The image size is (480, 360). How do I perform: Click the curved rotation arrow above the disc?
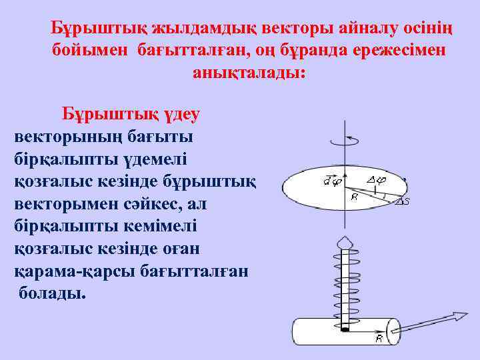[345, 139]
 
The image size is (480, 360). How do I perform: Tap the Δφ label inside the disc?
[376, 179]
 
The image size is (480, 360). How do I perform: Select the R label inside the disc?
[354, 197]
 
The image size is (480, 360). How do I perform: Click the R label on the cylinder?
[378, 340]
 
